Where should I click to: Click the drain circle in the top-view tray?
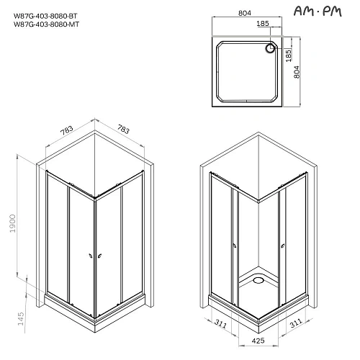pyautogui.click(x=272, y=48)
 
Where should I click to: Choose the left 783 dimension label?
pyautogui.click(x=66, y=131)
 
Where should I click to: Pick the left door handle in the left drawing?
pyautogui.click(x=90, y=253)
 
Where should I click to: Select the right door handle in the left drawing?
pyautogui.click(x=101, y=253)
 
